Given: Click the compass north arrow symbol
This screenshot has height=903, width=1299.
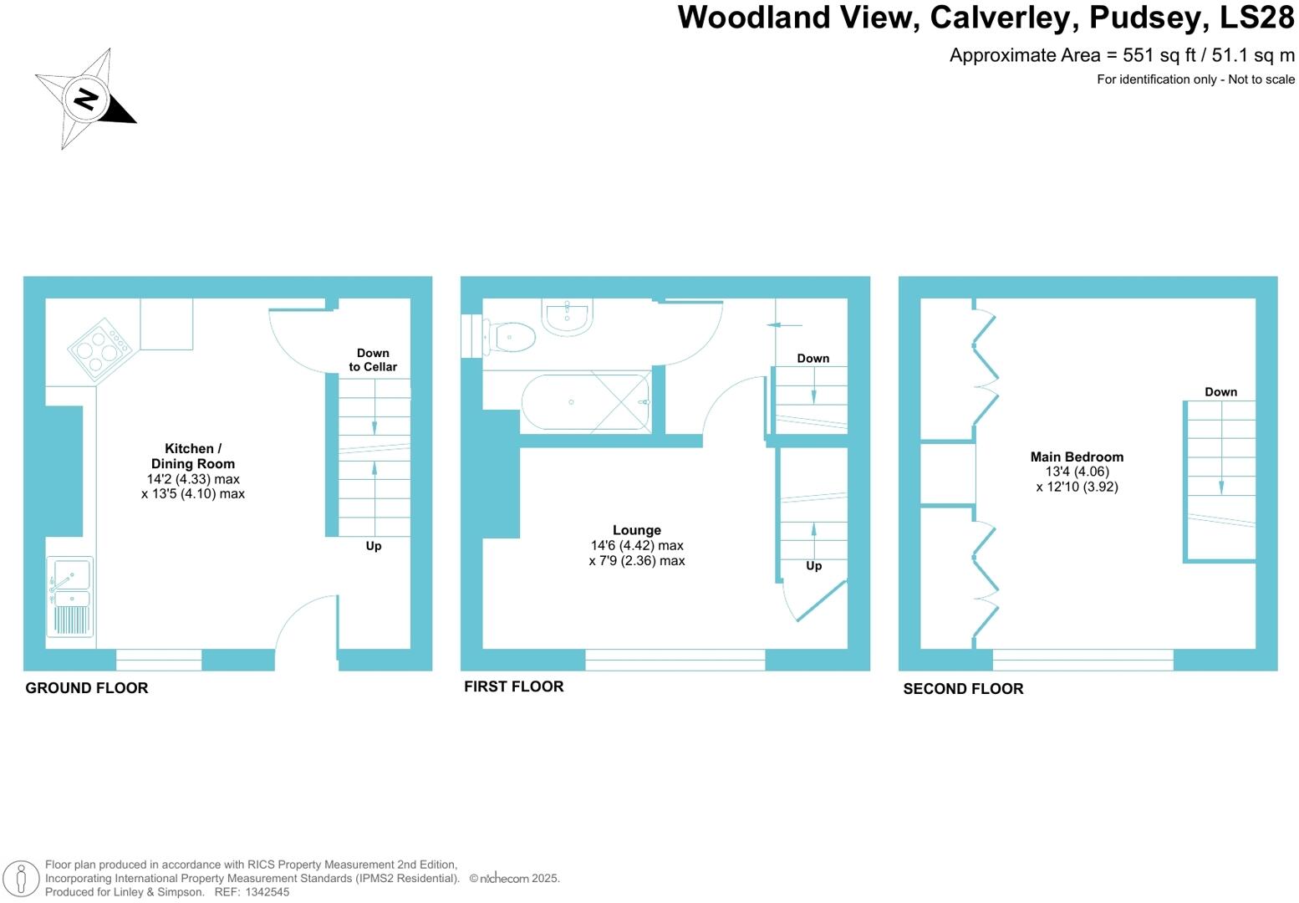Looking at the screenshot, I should pyautogui.click(x=85, y=99).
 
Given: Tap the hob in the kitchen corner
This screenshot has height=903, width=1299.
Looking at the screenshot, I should pyautogui.click(x=99, y=349).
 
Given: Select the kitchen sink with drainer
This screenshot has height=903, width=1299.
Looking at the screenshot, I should pyautogui.click(x=70, y=597).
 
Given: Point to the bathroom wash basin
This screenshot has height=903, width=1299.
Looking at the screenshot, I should pyautogui.click(x=568, y=316).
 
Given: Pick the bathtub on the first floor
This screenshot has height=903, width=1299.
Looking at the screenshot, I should pyautogui.click(x=585, y=402).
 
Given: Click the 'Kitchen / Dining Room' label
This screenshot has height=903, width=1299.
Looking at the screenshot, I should pyautogui.click(x=193, y=456).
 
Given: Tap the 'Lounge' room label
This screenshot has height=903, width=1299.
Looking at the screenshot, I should pyautogui.click(x=636, y=530).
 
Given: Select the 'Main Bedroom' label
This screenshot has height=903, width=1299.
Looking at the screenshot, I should pyautogui.click(x=1077, y=457).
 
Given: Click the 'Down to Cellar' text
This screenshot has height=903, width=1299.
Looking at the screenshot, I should pyautogui.click(x=373, y=360).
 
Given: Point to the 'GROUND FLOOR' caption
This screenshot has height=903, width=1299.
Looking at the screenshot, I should pyautogui.click(x=87, y=688).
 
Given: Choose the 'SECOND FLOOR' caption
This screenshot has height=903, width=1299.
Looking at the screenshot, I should pyautogui.click(x=963, y=689).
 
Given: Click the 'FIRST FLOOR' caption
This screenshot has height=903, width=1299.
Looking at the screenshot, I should pyautogui.click(x=513, y=686).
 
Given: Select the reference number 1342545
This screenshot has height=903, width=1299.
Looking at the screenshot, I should pyautogui.click(x=267, y=892).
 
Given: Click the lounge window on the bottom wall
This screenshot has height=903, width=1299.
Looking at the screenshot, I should pyautogui.click(x=675, y=660).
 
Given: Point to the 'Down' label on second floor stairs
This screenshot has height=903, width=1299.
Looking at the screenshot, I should pyautogui.click(x=1220, y=391).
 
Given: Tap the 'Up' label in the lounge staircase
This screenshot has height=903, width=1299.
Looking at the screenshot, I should pyautogui.click(x=813, y=565).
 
